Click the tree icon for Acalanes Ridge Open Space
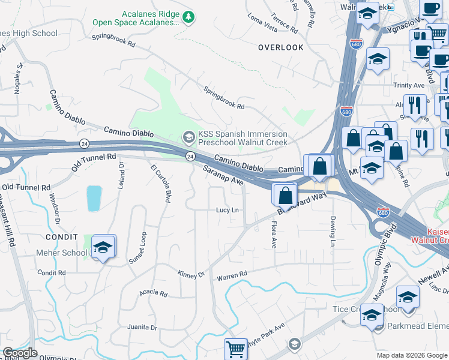[189, 17]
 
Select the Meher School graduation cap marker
[103, 247]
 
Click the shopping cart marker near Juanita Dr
[236, 349]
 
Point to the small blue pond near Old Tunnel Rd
[94, 199]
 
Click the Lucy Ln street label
[228, 210]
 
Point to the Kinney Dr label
[191, 275]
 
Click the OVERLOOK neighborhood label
[280, 47]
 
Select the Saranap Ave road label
[222, 175]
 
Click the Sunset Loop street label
[137, 248]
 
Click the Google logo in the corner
[20, 353]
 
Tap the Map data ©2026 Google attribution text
[412, 355]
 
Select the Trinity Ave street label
[409, 85]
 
